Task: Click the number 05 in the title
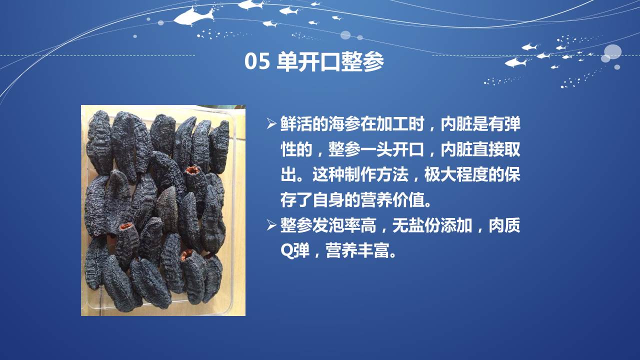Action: click(x=257, y=61)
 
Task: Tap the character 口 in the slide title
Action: click(x=330, y=61)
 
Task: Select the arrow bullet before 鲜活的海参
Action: click(x=271, y=124)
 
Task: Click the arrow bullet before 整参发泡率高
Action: click(x=271, y=225)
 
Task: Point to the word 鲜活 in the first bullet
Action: click(x=296, y=124)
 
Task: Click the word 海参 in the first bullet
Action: click(x=344, y=124)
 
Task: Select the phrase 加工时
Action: click(x=400, y=124)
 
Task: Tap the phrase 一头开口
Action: click(x=392, y=149)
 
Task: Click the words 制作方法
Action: click(x=376, y=174)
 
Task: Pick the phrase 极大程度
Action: click(x=456, y=174)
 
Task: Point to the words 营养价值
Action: click(x=392, y=200)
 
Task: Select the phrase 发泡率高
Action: click(x=344, y=225)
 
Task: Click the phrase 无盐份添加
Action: click(x=432, y=225)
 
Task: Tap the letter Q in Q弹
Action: click(x=286, y=251)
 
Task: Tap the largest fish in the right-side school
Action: click(x=516, y=62)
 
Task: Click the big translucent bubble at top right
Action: click(x=612, y=51)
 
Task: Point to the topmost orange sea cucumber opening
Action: click(x=192, y=170)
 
